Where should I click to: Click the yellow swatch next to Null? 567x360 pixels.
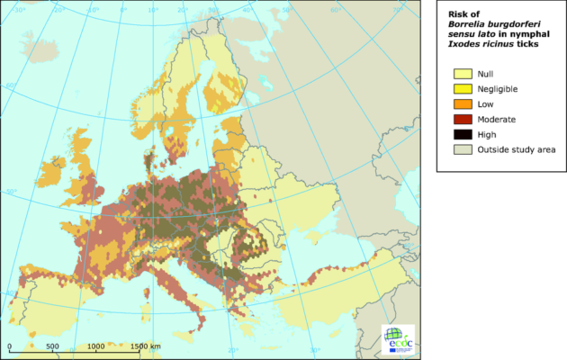(463, 74)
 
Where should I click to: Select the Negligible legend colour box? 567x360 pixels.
(463, 89)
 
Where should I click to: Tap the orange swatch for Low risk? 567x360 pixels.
(463, 104)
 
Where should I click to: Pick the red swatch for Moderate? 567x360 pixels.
(463, 119)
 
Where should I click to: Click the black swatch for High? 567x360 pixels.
(463, 134)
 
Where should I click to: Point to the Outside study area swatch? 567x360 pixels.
(463, 149)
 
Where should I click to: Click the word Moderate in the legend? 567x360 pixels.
(499, 119)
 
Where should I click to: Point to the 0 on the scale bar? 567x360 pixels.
(10, 346)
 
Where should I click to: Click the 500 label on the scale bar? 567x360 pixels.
(52, 346)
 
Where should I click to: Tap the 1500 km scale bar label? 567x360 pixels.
(144, 346)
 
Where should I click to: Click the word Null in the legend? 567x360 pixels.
(486, 74)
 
